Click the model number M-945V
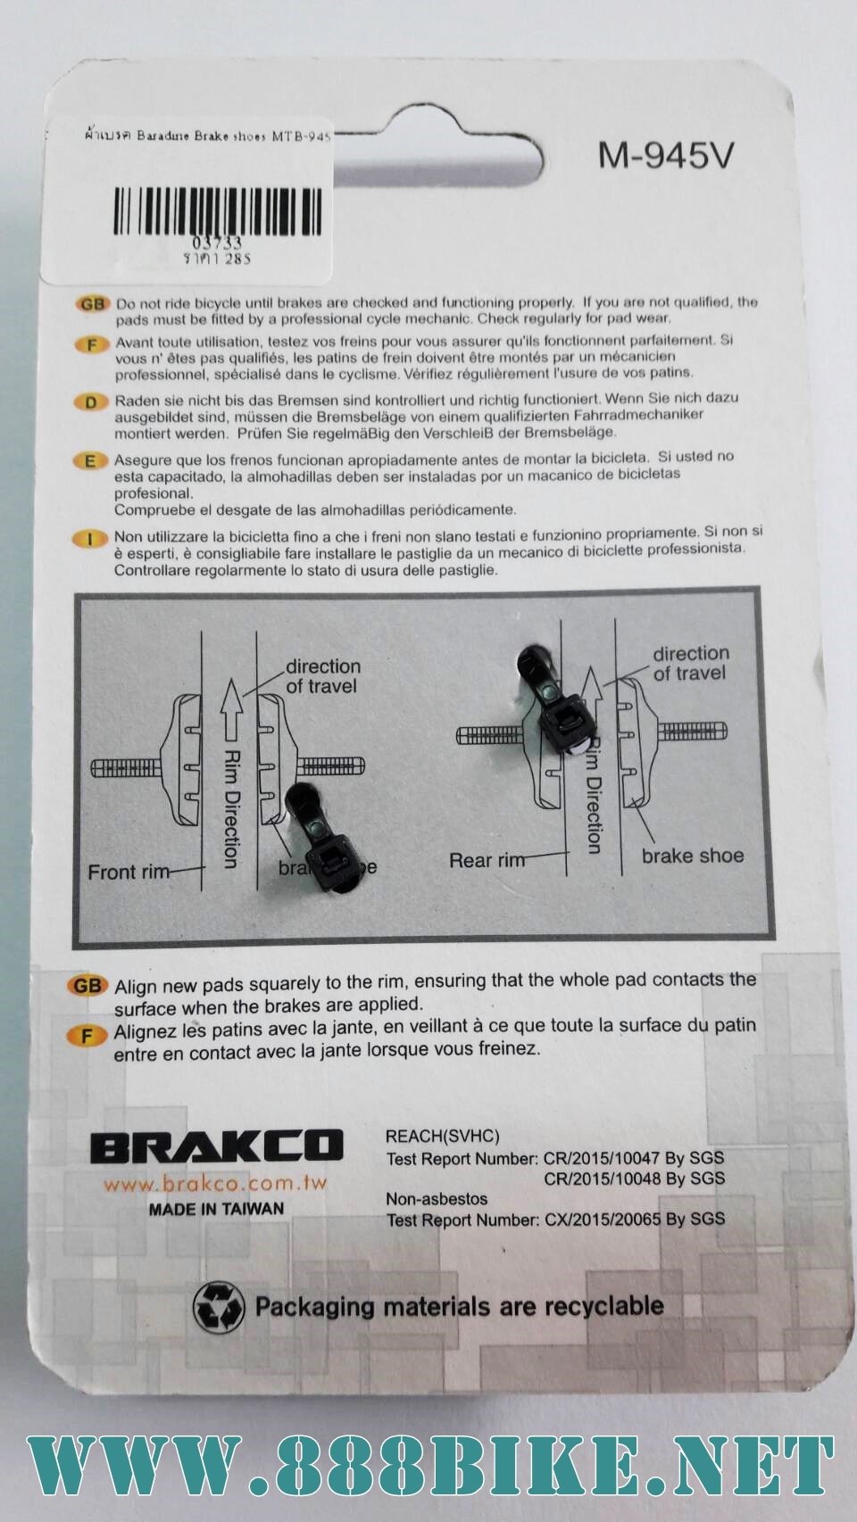pos(665,156)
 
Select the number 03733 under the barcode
pos(217,243)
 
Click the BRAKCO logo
pos(216,1146)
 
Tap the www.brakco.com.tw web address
pos(215,1184)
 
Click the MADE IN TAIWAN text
pos(216,1209)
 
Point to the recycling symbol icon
pos(219,1307)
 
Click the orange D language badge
pos(91,401)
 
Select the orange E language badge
pos(90,461)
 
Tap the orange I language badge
pos(90,539)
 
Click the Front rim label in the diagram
pos(129,872)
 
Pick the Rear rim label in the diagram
pos(487,861)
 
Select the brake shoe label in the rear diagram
pos(692,856)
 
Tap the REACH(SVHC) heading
pos(442,1136)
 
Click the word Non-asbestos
pos(437,1198)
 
